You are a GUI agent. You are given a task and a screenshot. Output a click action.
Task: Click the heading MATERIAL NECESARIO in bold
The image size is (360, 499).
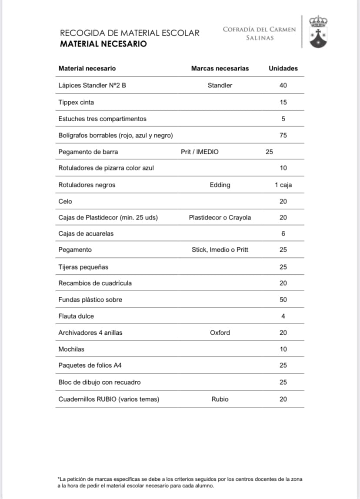103,44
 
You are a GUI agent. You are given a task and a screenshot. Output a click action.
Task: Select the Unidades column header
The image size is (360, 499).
283,68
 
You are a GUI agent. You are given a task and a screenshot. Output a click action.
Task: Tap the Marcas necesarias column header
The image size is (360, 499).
220,68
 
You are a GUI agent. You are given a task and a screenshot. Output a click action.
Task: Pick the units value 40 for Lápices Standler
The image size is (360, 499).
283,85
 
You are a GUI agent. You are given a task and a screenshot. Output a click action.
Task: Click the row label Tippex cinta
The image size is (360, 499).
76,102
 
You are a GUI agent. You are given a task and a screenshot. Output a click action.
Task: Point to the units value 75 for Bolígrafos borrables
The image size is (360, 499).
283,135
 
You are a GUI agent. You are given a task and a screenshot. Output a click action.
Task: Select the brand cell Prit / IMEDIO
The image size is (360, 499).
200,152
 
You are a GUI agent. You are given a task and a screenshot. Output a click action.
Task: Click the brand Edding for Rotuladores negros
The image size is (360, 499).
220,185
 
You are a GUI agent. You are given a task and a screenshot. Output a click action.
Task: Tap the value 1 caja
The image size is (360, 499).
283,185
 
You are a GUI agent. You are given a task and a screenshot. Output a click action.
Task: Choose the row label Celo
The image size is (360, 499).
65,201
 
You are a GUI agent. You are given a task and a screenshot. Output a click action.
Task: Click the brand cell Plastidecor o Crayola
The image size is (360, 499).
220,217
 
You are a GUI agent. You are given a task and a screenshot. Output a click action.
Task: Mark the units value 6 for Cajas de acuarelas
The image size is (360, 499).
283,233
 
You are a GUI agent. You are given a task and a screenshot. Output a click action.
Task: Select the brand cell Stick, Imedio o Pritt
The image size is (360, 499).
220,249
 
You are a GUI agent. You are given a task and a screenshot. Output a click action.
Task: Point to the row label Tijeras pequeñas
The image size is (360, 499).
83,266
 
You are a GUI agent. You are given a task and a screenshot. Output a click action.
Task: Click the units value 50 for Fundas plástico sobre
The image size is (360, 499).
283,299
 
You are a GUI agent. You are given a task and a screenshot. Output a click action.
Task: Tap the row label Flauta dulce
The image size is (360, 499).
76,316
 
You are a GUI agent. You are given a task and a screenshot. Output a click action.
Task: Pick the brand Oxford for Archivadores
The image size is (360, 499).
220,333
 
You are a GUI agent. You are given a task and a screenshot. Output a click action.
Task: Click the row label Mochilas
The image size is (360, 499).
71,349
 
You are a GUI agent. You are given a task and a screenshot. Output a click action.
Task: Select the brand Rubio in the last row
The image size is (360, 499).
220,399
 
